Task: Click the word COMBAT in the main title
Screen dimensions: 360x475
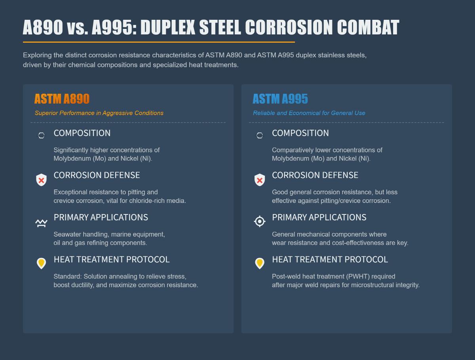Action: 368,28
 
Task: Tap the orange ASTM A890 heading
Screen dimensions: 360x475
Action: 62,99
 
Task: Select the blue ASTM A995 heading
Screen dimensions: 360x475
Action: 280,99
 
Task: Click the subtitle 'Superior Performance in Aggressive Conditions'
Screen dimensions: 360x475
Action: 99,113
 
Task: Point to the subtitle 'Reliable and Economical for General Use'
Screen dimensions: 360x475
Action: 309,113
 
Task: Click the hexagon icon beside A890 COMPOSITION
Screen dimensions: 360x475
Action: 41,136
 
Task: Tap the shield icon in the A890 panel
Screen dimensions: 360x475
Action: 41,180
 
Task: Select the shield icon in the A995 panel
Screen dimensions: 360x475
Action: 260,180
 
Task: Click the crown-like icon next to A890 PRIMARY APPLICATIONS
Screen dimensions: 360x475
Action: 41,223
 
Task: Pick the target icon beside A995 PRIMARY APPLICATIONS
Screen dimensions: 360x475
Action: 260,221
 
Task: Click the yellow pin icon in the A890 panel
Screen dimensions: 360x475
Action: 41,263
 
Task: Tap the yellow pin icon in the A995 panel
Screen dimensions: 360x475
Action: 260,263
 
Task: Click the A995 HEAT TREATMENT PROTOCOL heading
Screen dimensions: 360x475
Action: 330,260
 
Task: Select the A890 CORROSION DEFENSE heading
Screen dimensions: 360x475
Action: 97,175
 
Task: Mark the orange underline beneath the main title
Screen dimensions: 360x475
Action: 159,42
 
